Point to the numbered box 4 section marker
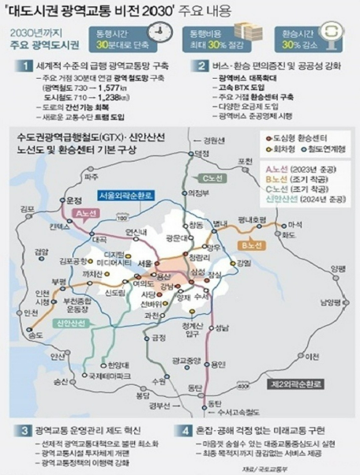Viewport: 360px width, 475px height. [x=186, y=432]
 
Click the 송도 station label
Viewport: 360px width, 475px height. [x=34, y=335]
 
